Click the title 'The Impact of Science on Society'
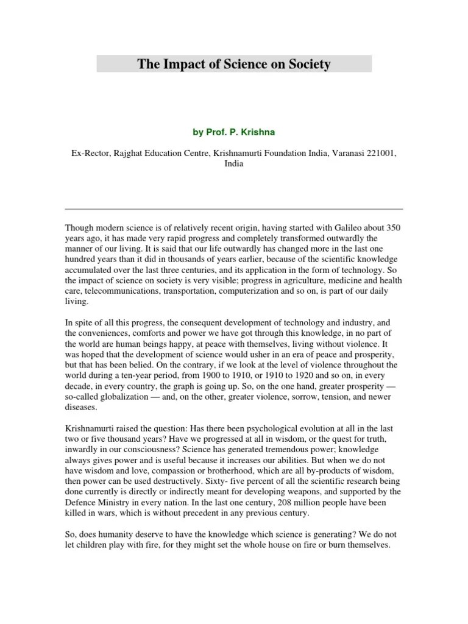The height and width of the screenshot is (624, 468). click(x=234, y=64)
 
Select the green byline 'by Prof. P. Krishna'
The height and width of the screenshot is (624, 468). click(x=234, y=132)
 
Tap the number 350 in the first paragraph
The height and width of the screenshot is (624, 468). click(x=394, y=227)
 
